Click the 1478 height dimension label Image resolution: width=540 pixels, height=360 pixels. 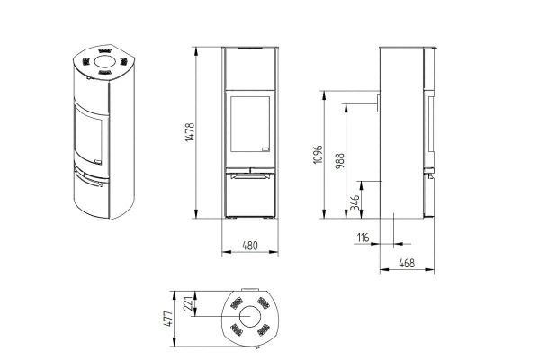[190, 132]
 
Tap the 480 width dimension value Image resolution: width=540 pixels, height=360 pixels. [250, 246]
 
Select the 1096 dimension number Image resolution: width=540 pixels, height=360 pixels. [319, 154]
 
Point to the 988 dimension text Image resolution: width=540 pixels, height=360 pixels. [339, 161]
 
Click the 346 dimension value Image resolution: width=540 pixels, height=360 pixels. [355, 202]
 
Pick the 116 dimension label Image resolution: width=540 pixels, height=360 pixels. [363, 238]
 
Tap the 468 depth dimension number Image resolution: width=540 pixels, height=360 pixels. [407, 263]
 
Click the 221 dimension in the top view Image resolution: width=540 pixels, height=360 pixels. [188, 303]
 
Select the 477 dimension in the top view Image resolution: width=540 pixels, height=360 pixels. [168, 319]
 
